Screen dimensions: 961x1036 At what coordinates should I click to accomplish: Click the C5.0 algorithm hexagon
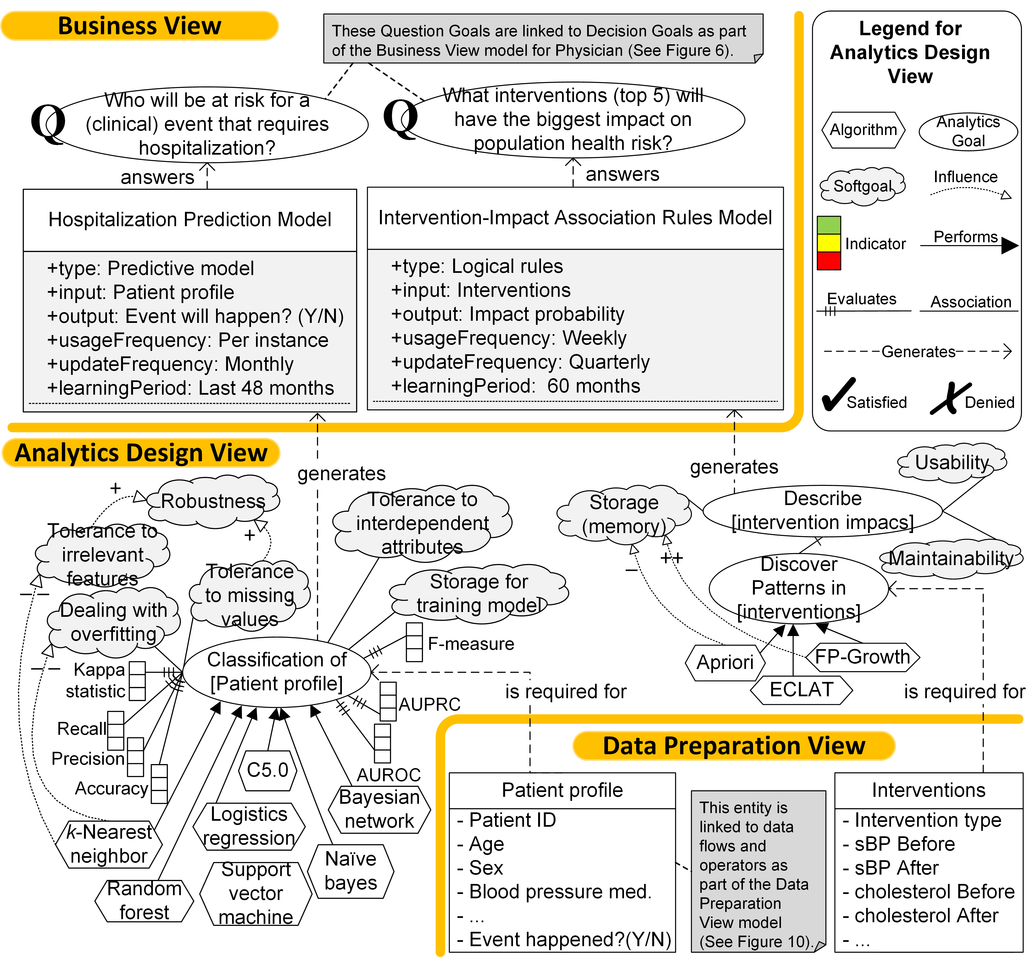pyautogui.click(x=267, y=770)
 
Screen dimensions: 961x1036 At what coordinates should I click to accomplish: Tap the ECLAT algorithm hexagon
pyautogui.click(x=801, y=690)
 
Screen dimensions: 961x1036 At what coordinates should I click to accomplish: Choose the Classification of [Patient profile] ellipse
pyautogui.click(x=277, y=672)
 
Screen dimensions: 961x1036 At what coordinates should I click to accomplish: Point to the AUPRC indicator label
pyautogui.click(x=429, y=704)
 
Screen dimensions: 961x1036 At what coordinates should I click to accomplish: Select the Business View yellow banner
pyautogui.click(x=139, y=26)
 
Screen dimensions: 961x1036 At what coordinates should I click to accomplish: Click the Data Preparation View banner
pyautogui.click(x=734, y=746)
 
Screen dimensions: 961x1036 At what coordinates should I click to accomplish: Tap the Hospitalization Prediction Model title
pyautogui.click(x=190, y=219)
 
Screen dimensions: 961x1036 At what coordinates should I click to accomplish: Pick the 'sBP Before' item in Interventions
pyautogui.click(x=904, y=844)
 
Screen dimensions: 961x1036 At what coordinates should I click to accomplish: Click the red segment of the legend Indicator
pyautogui.click(x=829, y=260)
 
